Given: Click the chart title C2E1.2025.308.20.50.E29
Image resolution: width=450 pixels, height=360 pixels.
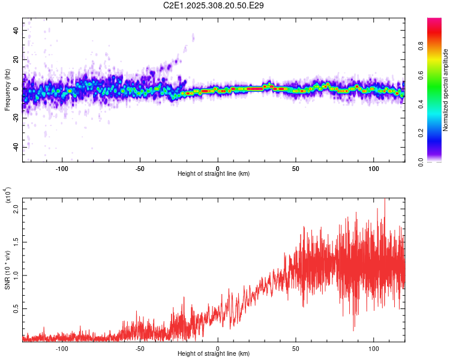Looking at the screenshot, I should (214, 5).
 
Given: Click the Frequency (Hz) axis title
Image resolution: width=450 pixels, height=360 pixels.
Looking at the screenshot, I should (7, 89).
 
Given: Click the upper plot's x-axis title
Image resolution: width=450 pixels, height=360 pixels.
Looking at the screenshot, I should (214, 174).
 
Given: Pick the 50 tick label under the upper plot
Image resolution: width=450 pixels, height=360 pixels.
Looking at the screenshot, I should (296, 169).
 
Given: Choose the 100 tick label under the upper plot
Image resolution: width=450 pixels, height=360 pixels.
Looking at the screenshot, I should (374, 169).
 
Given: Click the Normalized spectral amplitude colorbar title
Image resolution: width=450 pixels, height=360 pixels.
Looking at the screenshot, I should (446, 90).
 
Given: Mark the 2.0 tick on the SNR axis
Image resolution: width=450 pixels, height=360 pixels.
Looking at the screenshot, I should (16, 209).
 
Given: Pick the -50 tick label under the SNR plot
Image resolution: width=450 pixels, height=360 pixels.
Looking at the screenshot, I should (139, 349).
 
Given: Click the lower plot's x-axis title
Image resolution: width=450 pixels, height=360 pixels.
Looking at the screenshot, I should (214, 355).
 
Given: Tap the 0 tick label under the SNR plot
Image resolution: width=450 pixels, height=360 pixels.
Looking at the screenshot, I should (218, 349).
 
